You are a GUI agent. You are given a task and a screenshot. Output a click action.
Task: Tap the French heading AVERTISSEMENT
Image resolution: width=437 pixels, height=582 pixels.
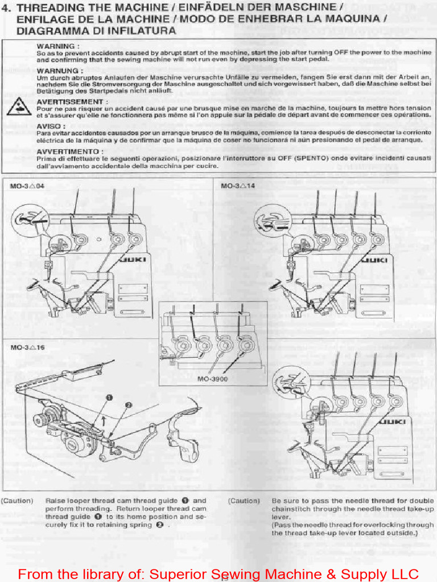(72, 101)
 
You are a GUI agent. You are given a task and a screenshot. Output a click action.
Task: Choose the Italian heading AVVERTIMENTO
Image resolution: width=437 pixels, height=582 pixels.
(70, 152)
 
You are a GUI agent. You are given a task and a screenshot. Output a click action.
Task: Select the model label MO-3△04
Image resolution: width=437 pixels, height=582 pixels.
(27, 186)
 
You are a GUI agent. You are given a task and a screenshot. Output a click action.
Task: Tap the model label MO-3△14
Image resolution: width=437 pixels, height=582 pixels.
(238, 186)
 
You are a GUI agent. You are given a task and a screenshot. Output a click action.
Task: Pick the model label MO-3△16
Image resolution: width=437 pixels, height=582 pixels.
(27, 347)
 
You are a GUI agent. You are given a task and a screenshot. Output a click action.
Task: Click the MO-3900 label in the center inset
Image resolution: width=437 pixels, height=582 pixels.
(213, 379)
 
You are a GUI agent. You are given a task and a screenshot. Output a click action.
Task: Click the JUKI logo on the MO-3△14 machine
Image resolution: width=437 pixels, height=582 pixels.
(374, 260)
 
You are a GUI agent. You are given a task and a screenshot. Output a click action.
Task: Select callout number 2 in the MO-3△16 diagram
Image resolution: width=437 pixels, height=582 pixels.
(128, 405)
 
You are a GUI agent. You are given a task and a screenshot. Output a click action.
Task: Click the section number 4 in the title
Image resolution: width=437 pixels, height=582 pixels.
(6, 8)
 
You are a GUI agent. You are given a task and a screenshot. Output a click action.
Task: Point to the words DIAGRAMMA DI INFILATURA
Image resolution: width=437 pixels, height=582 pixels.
(96, 31)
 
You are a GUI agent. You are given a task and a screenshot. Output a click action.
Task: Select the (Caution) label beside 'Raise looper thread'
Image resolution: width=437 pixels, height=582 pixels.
(17, 501)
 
